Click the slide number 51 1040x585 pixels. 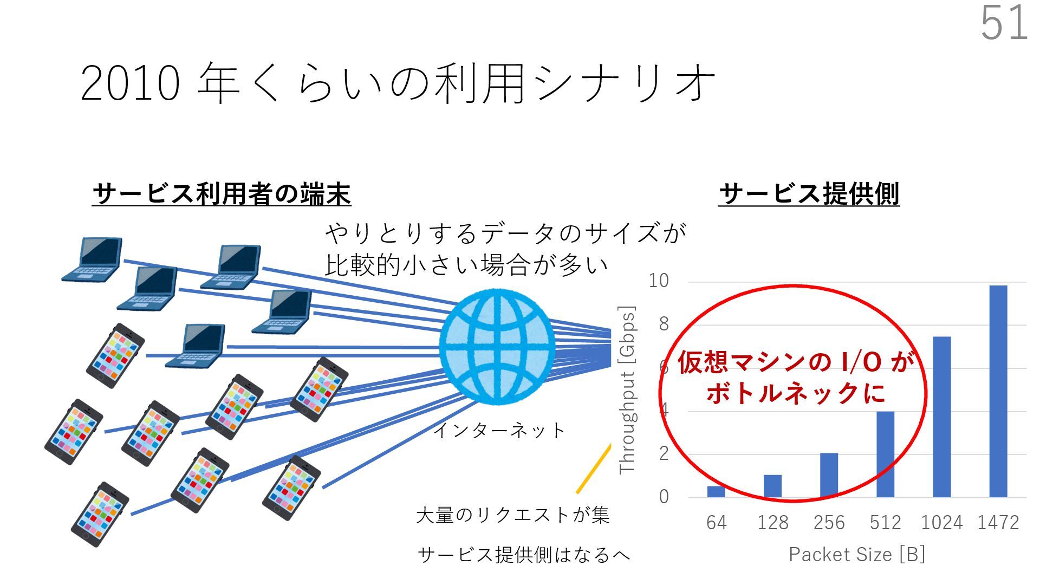pos(1004,23)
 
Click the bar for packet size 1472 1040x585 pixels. pos(998,391)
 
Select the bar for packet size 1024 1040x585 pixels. pos(941,417)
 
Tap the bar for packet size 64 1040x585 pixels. pos(716,491)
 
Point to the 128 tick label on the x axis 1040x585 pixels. pos(772,523)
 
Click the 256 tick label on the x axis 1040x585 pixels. pos(829,523)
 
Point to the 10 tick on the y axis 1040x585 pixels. pos(659,281)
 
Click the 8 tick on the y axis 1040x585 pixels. pos(664,324)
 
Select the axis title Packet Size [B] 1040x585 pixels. pos(856,554)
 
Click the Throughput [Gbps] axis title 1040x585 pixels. pos(627,390)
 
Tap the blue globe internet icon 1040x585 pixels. pos(497,347)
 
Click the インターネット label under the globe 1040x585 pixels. pos(499,431)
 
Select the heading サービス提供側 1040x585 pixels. pos(809,194)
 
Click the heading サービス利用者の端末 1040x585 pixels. pos(222,194)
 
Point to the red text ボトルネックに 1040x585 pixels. pos(796,393)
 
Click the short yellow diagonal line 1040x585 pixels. pos(594,469)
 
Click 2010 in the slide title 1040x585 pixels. pos(130,84)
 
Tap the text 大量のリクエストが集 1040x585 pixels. pos(512,515)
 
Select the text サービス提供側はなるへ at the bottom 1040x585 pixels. pos(524,555)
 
